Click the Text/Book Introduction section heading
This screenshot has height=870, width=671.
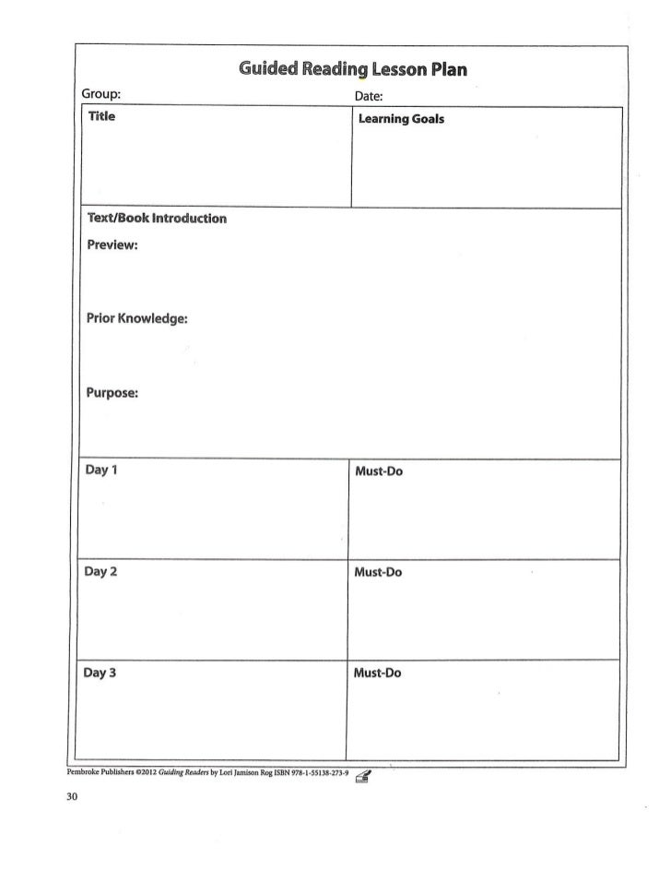[156, 219]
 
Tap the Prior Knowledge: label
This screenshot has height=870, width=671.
[136, 318]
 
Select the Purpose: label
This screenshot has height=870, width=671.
[112, 392]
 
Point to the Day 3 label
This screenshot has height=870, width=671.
[100, 673]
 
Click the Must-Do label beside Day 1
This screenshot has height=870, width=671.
[378, 471]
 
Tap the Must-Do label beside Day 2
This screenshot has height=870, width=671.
[378, 572]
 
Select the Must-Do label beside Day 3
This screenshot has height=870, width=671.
[378, 673]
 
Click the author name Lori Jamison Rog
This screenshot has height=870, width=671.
[249, 774]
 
